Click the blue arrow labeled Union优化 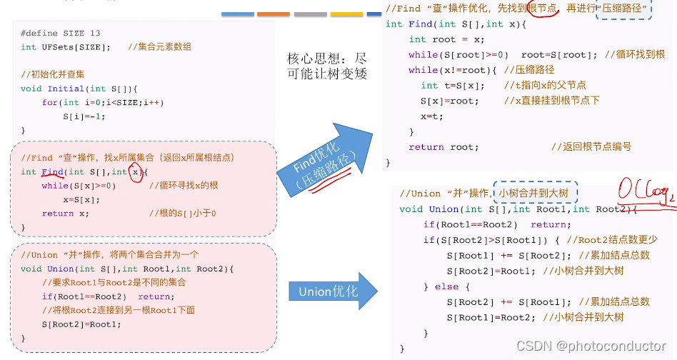tap(333, 291)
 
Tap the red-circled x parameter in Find tap(136, 172)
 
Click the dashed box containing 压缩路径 tap(623, 9)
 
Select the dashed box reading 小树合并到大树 tap(536, 193)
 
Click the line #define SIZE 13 tap(61, 34)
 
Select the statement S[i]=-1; tap(84, 116)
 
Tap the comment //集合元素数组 tap(159, 47)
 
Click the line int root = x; tap(446, 40)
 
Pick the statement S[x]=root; tap(449, 101)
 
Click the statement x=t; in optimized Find tap(432, 116)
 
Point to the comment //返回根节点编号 tap(591, 146)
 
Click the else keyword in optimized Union tap(447, 286)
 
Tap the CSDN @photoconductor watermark tap(591, 346)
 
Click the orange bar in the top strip tap(274, 14)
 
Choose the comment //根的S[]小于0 tap(183, 214)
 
